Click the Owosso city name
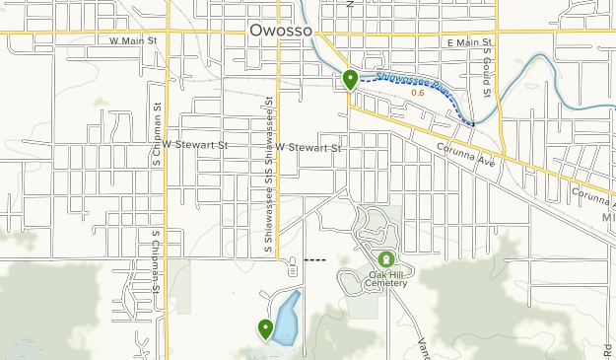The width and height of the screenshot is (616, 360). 281,31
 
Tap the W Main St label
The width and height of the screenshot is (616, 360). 134,41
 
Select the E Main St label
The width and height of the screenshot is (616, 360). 467,42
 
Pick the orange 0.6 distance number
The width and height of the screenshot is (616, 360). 417,94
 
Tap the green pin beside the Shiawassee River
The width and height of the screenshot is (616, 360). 350,79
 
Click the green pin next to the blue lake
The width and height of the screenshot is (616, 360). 265,328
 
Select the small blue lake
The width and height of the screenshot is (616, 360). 287,318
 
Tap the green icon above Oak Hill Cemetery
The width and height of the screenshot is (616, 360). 384,258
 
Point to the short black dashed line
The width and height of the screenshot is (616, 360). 315,259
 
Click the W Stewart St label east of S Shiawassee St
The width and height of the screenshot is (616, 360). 308,147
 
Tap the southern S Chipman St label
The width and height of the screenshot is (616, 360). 156,262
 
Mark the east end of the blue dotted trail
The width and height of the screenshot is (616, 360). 474,124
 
